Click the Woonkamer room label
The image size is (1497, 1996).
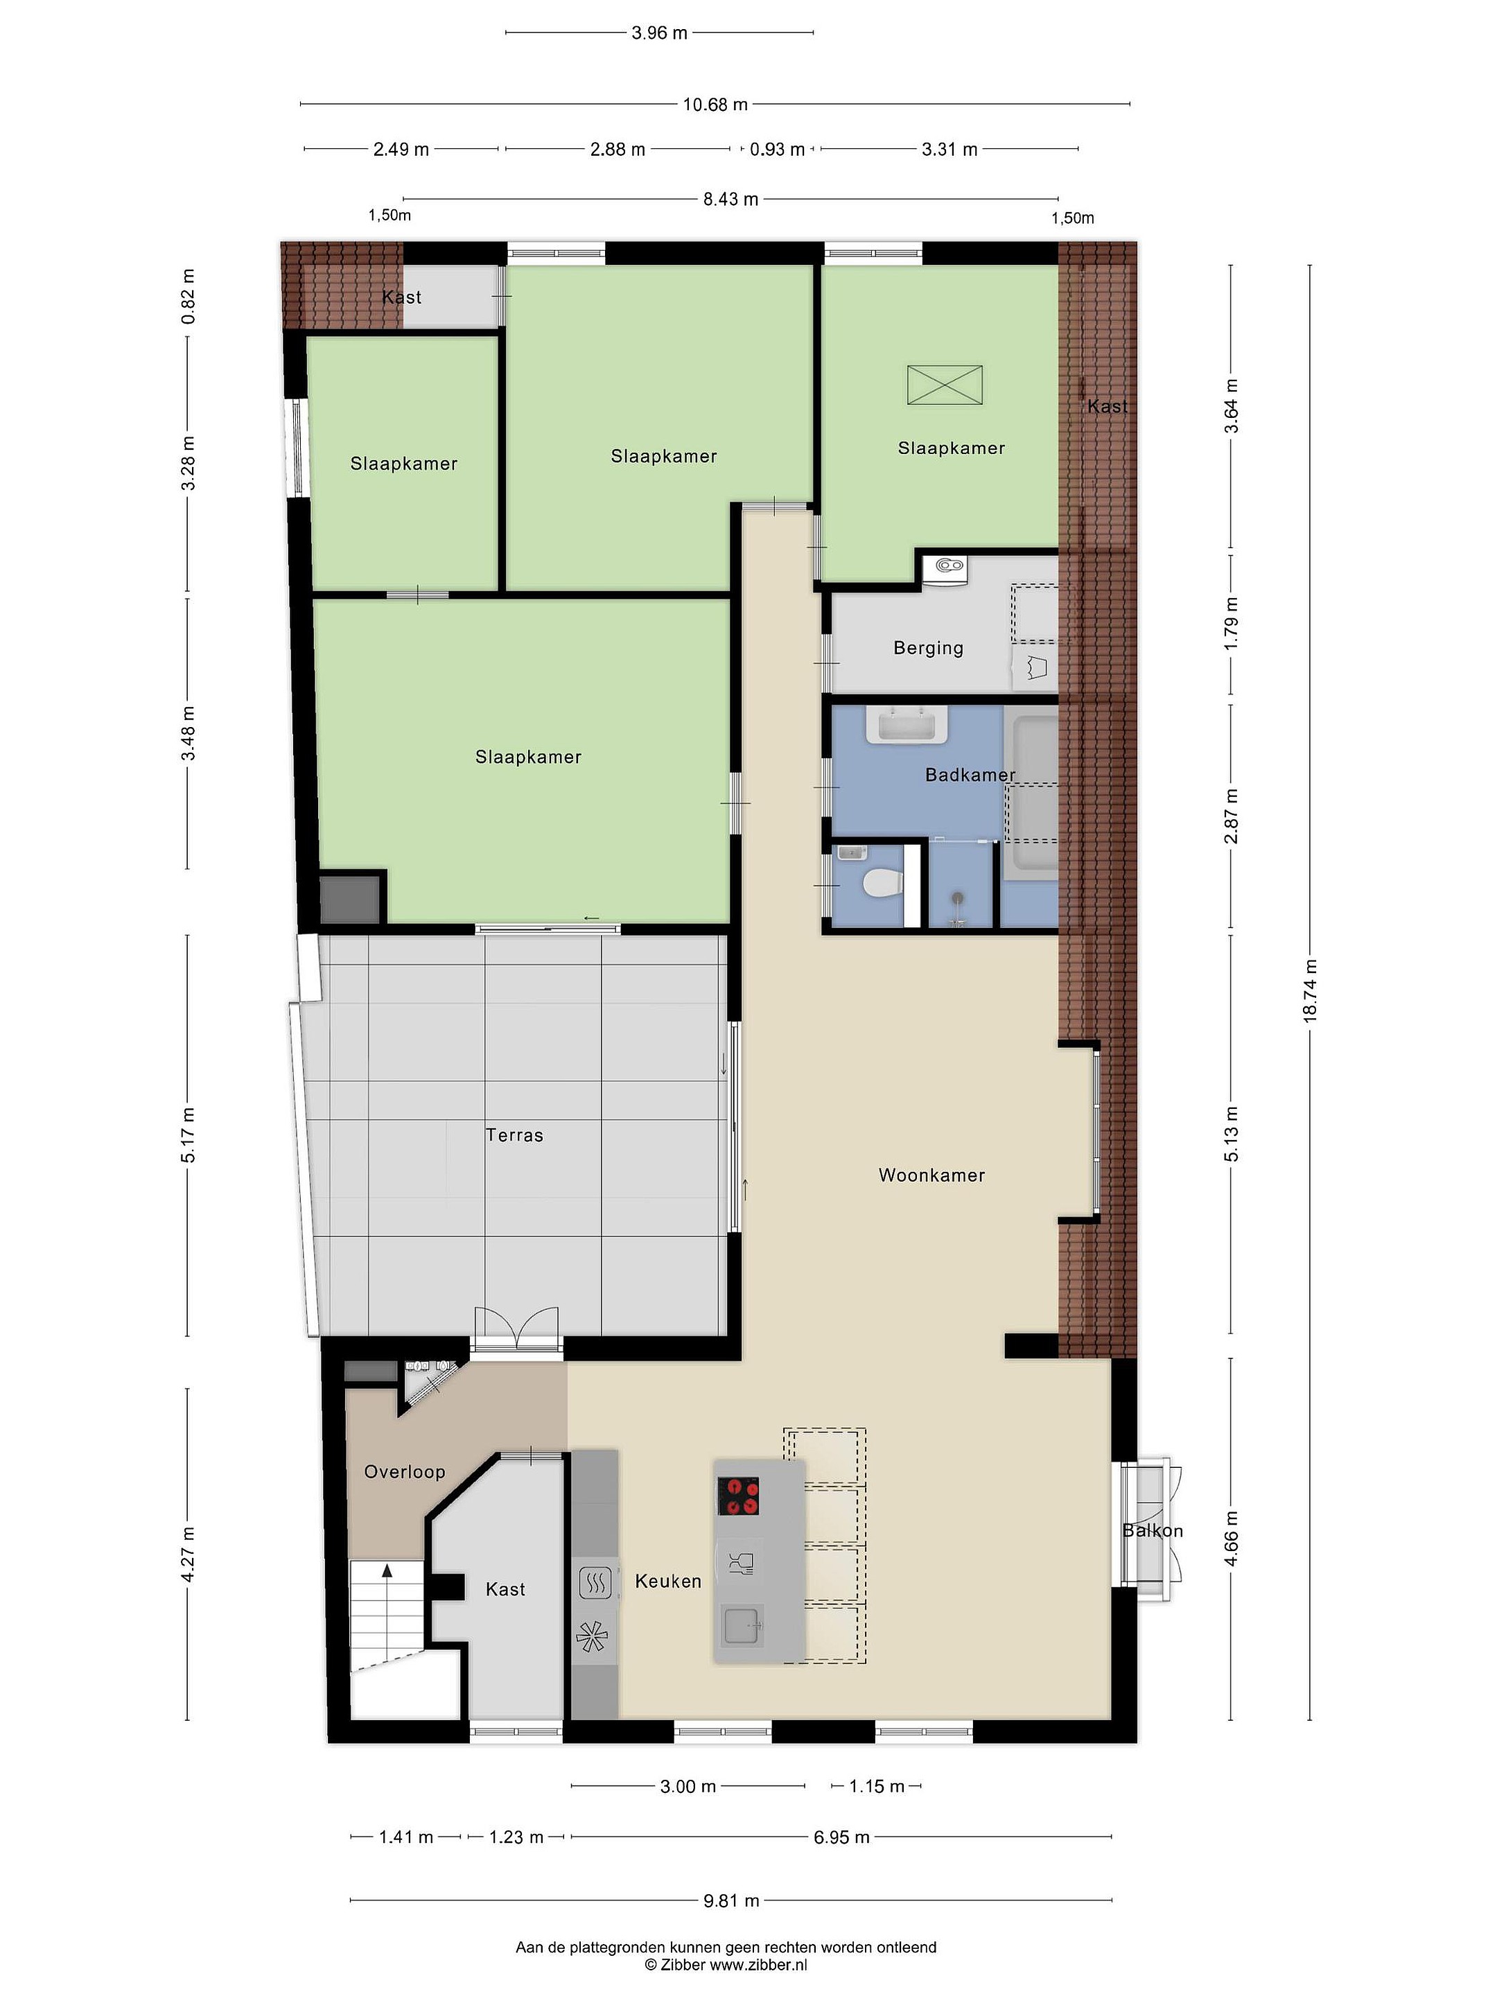click(x=931, y=1175)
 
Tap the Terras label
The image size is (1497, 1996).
click(x=514, y=1135)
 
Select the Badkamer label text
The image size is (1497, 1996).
click(x=970, y=774)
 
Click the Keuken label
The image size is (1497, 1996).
click(x=667, y=1581)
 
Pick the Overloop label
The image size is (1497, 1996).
click(x=404, y=1472)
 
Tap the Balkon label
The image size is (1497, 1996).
click(x=1153, y=1530)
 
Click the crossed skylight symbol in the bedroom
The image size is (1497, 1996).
click(x=945, y=385)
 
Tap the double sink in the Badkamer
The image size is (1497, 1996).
click(x=907, y=724)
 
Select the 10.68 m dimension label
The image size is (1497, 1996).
click(x=715, y=105)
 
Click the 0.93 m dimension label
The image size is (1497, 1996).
click(x=777, y=149)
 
